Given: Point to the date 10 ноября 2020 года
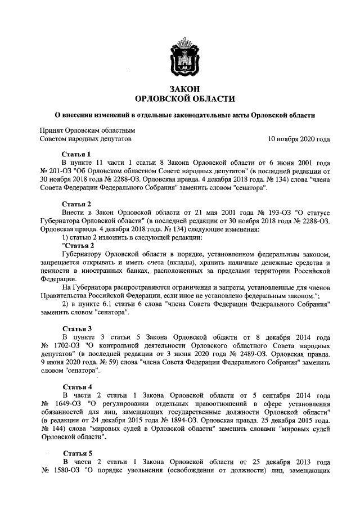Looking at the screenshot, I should click(299, 138).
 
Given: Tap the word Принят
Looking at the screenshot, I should click(51, 129).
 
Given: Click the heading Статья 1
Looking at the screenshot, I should click(76, 154).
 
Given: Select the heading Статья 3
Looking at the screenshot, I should click(76, 328).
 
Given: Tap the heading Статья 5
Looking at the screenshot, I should click(76, 453).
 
